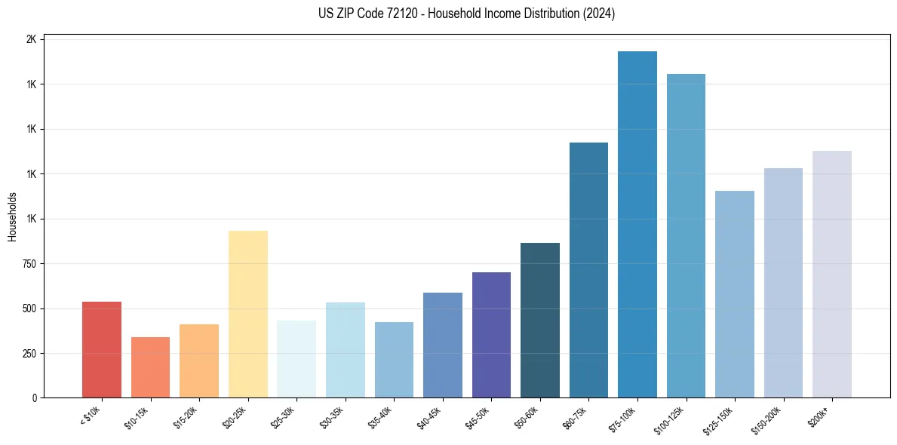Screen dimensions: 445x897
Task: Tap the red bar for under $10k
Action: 102,350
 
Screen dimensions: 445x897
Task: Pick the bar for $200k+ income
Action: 832,275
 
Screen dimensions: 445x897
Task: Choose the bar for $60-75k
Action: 588,270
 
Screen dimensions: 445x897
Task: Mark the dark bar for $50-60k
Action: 540,321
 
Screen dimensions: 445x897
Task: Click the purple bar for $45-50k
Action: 491,335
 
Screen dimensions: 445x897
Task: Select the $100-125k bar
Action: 686,236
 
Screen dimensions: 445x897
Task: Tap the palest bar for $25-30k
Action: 296,359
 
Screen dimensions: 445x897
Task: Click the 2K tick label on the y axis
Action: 31,39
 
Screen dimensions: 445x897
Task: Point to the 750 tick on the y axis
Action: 29,264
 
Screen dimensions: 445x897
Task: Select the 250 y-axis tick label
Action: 29,354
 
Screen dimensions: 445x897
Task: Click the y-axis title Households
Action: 13,216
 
